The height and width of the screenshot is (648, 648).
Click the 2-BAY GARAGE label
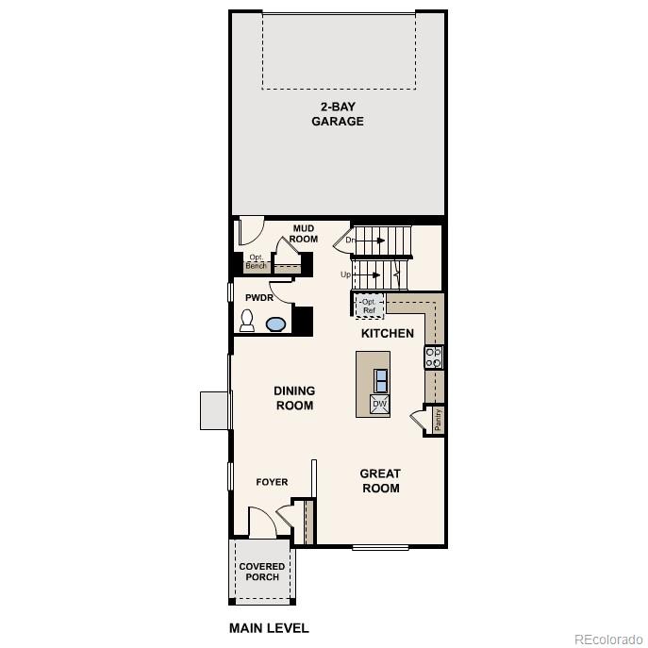(338, 114)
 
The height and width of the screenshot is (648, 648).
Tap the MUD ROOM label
(303, 234)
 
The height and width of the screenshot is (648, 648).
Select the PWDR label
(259, 297)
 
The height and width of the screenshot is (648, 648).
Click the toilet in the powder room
(247, 322)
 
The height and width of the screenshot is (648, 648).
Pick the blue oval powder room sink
(275, 324)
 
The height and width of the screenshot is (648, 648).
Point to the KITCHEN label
(388, 333)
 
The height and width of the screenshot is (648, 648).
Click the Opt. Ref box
(369, 306)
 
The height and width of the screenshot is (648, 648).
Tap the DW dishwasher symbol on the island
(379, 405)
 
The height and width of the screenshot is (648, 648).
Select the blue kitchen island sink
(380, 380)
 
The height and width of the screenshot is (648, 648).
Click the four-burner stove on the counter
(434, 357)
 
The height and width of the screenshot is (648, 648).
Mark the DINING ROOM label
(294, 398)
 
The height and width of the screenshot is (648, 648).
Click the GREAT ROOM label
(380, 481)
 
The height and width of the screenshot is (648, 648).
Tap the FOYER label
(273, 482)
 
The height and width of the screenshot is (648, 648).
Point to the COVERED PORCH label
(261, 572)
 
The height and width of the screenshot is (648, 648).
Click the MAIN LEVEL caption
(269, 628)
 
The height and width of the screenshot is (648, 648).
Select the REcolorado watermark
(606, 639)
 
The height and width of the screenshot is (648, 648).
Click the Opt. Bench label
(256, 262)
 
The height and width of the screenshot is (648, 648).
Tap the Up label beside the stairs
(346, 274)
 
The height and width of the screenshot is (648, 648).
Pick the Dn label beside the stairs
(350, 241)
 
